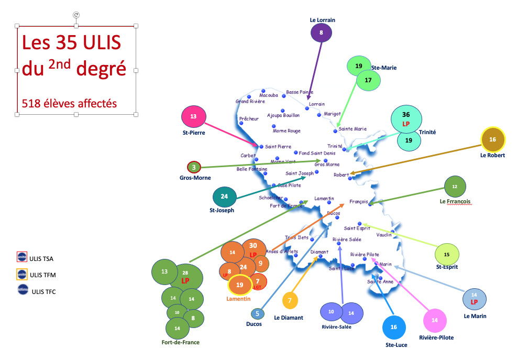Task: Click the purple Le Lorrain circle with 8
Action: tap(321, 33)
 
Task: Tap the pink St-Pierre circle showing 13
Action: tap(193, 117)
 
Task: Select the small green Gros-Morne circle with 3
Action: tap(194, 167)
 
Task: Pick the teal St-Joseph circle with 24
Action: tap(224, 197)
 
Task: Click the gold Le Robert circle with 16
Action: tap(492, 139)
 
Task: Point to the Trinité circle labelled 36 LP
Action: tap(405, 119)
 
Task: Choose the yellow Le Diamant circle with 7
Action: tap(290, 301)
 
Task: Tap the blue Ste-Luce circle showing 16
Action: tap(393, 327)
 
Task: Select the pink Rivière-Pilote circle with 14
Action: tap(434, 320)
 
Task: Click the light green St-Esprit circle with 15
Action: tap(446, 254)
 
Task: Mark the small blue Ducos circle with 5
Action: tap(257, 314)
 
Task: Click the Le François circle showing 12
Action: tap(455, 187)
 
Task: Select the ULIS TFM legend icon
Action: tap(22, 274)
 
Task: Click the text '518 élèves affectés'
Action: tap(69, 103)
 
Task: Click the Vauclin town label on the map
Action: tap(384, 235)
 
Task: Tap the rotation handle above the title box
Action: tap(76, 15)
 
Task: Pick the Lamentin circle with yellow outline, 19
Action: tap(240, 285)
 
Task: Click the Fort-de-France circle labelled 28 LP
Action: tap(185, 277)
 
